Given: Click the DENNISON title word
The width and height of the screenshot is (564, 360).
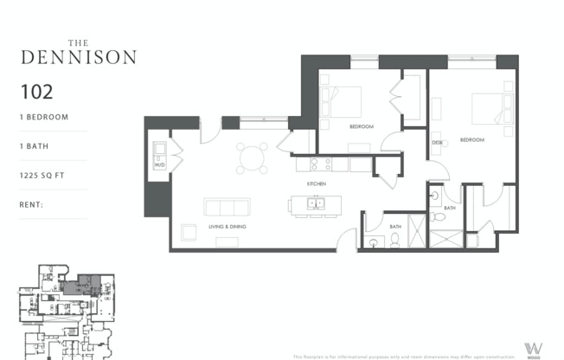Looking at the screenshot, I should point(78,57).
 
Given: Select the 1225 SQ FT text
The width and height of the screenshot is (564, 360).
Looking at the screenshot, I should point(43,176).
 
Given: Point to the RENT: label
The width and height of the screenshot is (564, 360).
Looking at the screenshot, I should point(32,205).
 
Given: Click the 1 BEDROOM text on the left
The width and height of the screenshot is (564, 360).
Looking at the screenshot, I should point(43,117).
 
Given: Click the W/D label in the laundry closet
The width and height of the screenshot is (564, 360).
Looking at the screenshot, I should point(159,164).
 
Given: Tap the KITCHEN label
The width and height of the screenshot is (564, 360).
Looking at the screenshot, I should point(316,184).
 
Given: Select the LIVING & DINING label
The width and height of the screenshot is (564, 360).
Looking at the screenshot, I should point(228,227).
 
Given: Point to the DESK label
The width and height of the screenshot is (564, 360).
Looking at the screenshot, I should point(438,142).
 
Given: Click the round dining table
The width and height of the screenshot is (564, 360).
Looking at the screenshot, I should point(253,158).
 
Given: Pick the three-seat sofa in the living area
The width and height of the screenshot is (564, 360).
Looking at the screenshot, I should point(227,207).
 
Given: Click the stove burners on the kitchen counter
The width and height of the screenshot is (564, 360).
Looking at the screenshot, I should point(322,163).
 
